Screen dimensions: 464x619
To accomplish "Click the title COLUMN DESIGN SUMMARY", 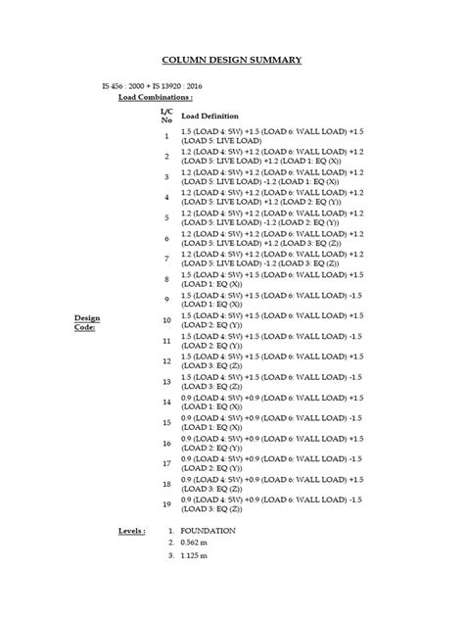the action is tap(231, 60).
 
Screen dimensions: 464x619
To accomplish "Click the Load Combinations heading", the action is tap(155, 99).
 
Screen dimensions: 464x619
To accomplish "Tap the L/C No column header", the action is tap(165, 117).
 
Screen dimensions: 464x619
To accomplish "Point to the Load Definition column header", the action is tap(210, 117).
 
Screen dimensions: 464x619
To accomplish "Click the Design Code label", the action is tap(88, 323).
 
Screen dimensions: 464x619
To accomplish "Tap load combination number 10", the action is tap(166, 320).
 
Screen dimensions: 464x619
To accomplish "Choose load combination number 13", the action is tap(166, 382).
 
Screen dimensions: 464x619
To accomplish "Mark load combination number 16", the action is tap(166, 443).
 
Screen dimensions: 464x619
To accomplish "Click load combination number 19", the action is tap(166, 504).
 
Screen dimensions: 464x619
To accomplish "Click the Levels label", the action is tap(131, 530).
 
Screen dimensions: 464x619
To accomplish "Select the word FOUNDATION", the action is tap(208, 530).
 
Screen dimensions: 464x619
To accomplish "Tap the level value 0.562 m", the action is tap(194, 543).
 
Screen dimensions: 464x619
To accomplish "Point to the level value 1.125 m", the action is tap(194, 555).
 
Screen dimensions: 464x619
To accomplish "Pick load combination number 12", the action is tap(166, 361).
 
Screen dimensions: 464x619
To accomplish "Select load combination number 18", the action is tap(166, 484).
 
